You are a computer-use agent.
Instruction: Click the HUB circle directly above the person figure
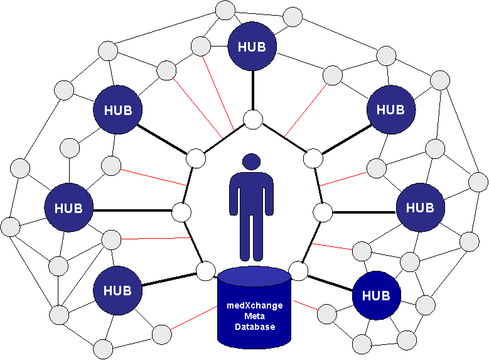click(x=252, y=46)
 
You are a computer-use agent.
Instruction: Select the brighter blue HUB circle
click(x=376, y=295)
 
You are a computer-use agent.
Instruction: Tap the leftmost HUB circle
click(x=68, y=207)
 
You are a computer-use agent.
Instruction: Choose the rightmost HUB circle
click(x=420, y=207)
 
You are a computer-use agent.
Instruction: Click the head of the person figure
click(x=251, y=161)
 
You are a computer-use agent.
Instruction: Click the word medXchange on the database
click(x=254, y=306)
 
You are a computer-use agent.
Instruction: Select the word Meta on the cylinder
click(x=254, y=317)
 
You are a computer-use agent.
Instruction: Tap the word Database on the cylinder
click(x=254, y=327)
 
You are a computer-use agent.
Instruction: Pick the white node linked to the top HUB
click(x=253, y=119)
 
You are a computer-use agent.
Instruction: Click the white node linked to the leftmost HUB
click(x=181, y=212)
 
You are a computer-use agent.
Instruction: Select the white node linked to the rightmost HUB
click(x=323, y=212)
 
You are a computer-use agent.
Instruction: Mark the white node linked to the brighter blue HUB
click(x=299, y=271)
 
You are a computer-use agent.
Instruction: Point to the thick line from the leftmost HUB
click(x=132, y=210)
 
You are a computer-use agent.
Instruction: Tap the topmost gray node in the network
click(x=224, y=11)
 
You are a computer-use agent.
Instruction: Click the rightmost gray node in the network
click(x=478, y=182)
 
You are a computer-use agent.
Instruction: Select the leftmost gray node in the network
click(x=10, y=226)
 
